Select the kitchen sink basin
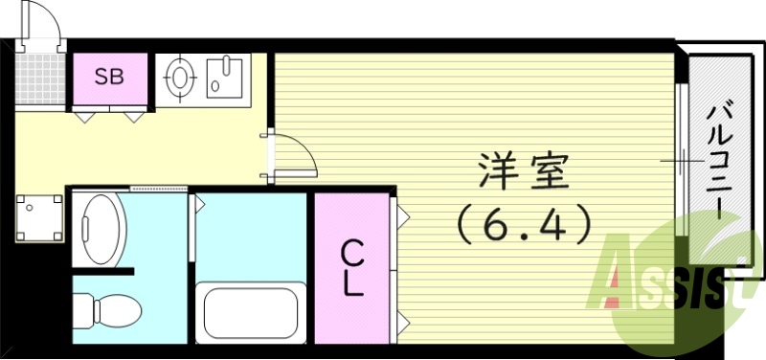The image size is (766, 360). [225, 76]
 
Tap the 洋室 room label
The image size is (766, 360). [524, 173]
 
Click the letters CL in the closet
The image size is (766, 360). [352, 268]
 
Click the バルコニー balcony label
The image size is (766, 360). [719, 163]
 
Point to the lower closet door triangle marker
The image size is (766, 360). [403, 317]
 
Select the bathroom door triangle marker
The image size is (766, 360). [198, 202]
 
